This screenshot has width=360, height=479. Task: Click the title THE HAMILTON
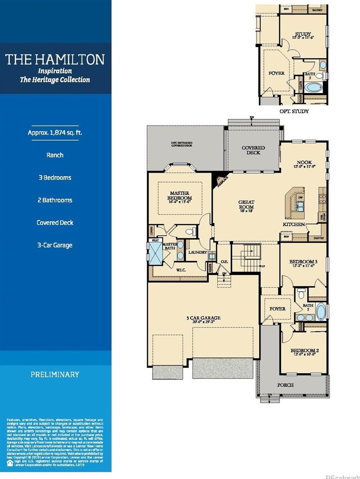tap(55, 59)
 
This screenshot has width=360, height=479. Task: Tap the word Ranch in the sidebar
tap(54, 155)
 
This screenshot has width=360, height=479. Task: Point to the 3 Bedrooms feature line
tap(54, 178)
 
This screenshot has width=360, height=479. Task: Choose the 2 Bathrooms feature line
tap(54, 200)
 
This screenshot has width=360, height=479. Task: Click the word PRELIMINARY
tap(54, 375)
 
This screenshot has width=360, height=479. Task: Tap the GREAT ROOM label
tap(246, 205)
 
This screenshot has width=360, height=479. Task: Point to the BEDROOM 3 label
tap(303, 262)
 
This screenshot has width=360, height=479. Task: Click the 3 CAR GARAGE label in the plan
tap(203, 318)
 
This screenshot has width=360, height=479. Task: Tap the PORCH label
tap(285, 385)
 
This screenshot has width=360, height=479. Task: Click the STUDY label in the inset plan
tap(303, 34)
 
